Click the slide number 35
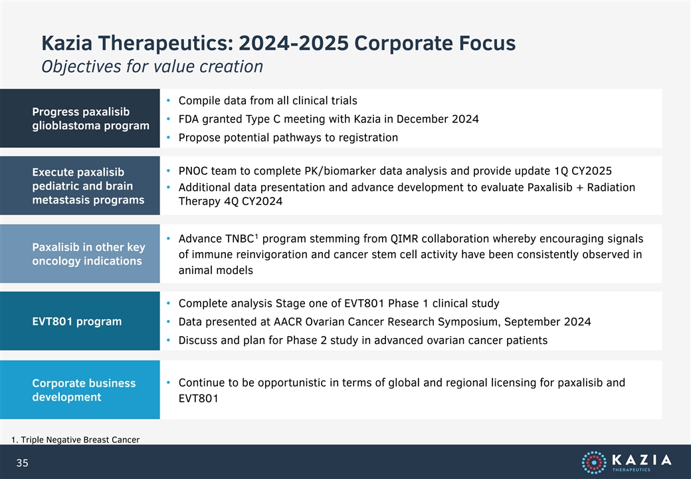click(22, 462)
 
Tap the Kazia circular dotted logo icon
click(593, 462)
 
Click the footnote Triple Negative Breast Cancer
click(75, 440)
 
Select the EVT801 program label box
click(80, 321)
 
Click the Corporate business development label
click(84, 390)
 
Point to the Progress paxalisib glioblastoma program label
click(90, 118)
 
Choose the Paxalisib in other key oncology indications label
click(88, 254)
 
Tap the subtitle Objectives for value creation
click(152, 67)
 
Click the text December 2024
click(438, 119)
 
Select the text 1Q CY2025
click(583, 171)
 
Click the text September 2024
click(547, 322)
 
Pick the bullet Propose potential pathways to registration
click(288, 138)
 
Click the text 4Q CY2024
click(253, 201)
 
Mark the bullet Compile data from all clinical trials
click(268, 100)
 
